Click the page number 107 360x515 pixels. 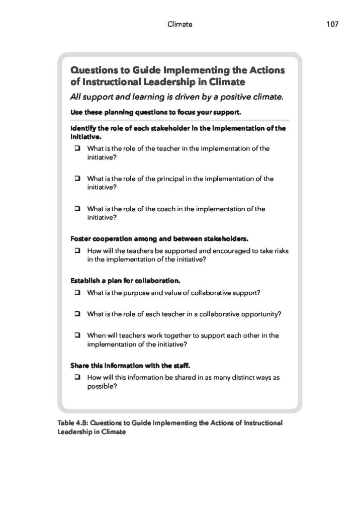(x=332, y=24)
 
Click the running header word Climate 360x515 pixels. (x=179, y=24)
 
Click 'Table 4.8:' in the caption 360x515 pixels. (x=72, y=423)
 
